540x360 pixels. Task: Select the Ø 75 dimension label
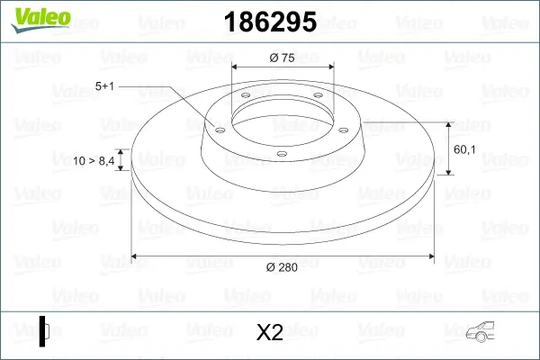283,57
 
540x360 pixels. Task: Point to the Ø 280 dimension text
283,265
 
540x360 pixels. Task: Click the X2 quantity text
270,332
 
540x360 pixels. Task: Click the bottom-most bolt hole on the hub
282,154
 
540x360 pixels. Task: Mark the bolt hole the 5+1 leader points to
218,128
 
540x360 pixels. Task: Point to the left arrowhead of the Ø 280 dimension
136,256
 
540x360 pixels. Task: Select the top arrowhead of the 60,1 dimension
449,123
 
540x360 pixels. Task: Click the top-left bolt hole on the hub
244,100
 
